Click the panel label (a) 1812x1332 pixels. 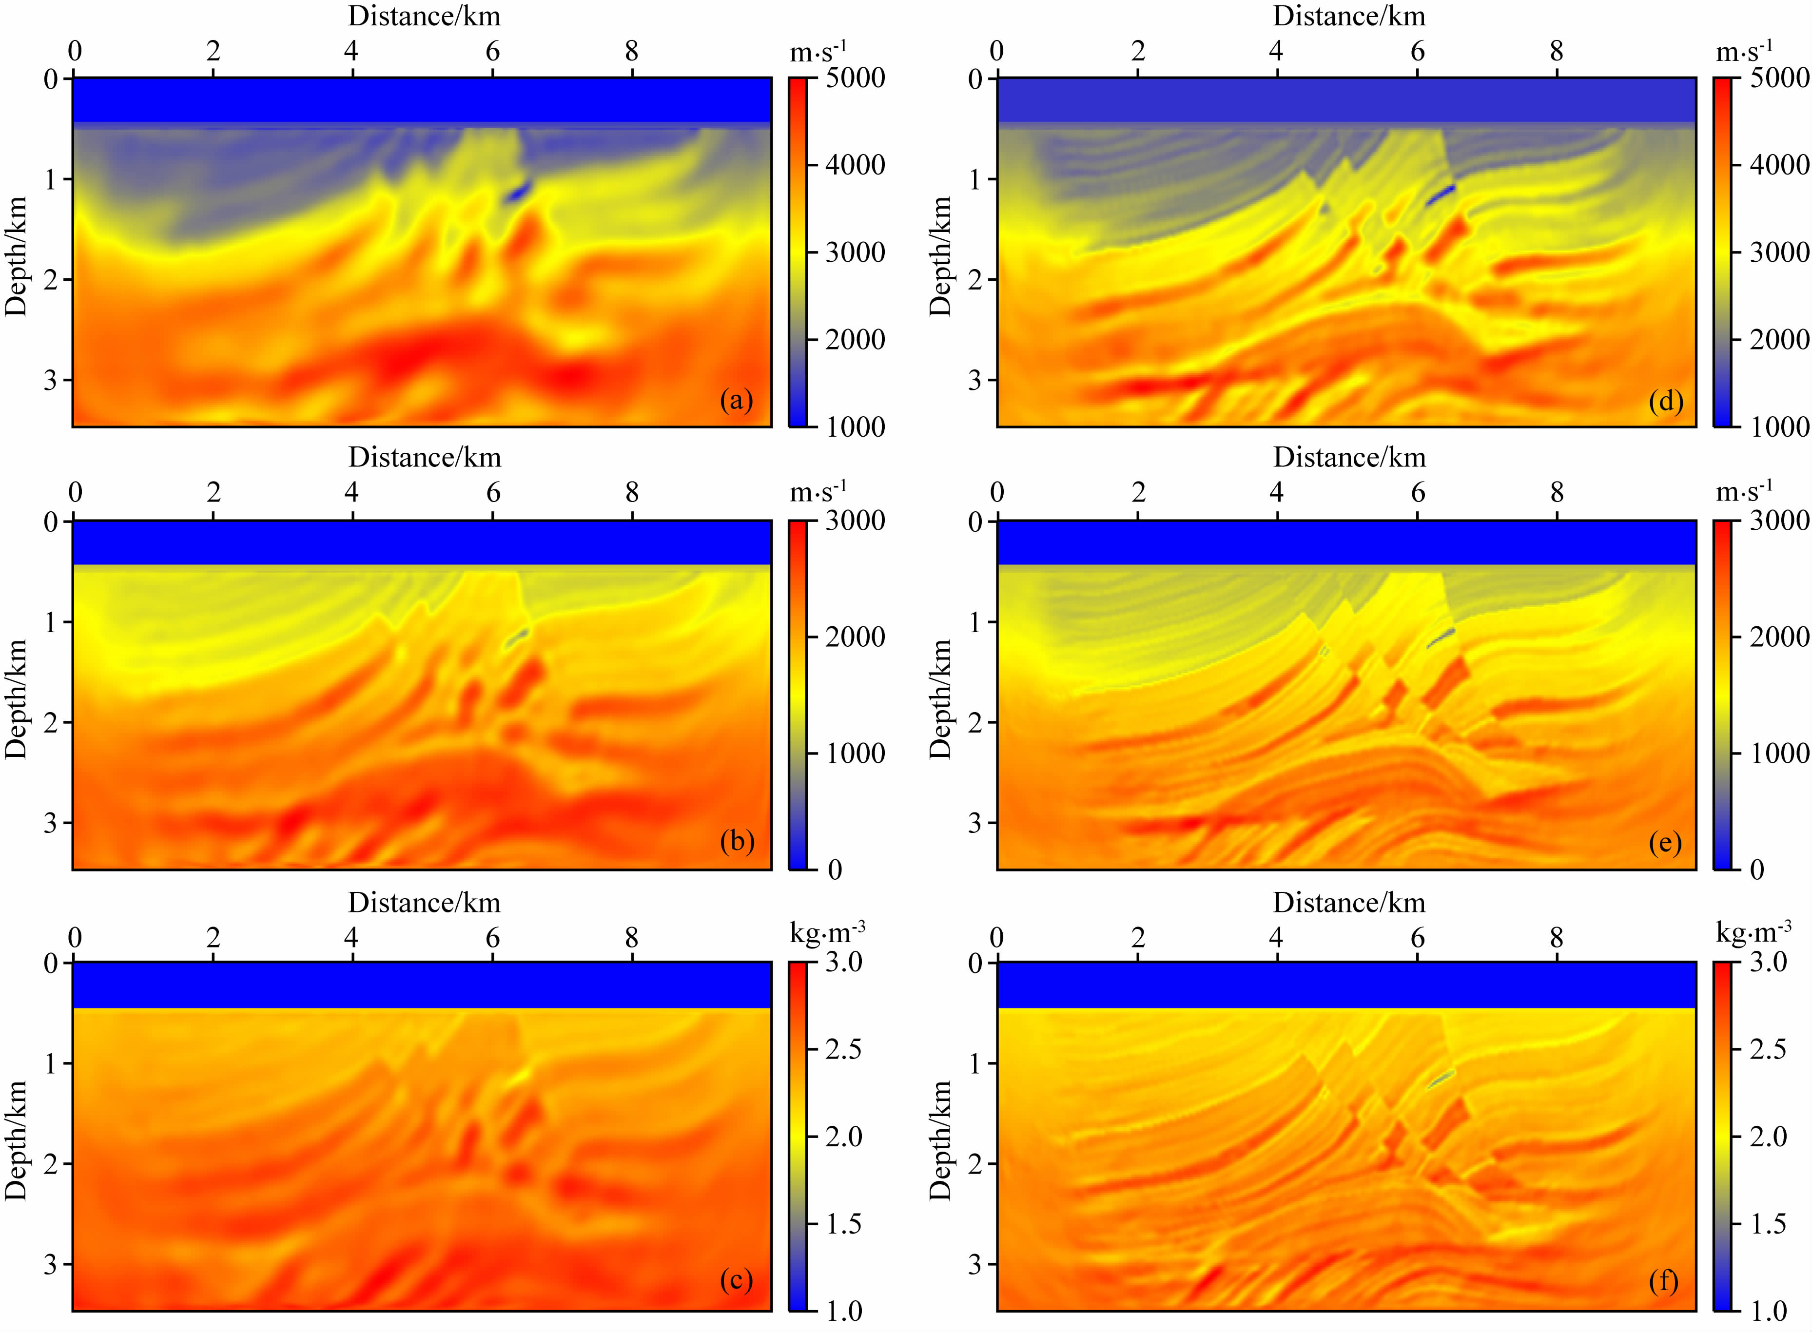click(736, 401)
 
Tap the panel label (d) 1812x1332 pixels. click(1666, 401)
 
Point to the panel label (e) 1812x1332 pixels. click(1664, 843)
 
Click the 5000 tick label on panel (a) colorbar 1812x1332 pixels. click(855, 78)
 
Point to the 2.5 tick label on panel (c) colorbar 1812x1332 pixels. click(843, 1049)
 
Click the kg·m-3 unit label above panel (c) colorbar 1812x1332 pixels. click(827, 933)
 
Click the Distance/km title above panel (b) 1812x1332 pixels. click(425, 458)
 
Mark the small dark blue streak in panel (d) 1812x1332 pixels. click(1440, 195)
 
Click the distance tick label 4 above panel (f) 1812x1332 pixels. click(1276, 938)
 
